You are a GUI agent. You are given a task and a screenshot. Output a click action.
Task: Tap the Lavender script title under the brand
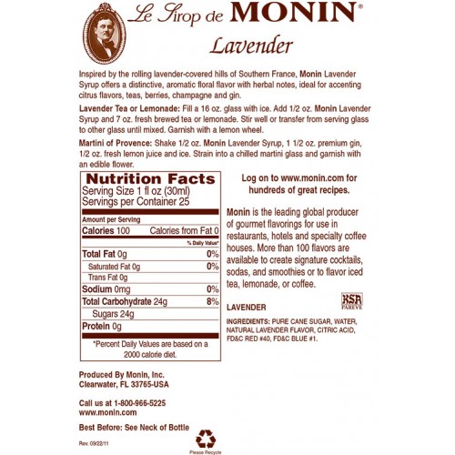coord(238,44)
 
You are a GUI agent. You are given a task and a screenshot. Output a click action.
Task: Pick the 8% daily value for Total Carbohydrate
coord(213,300)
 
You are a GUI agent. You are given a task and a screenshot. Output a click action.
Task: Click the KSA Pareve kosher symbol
coord(351,299)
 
